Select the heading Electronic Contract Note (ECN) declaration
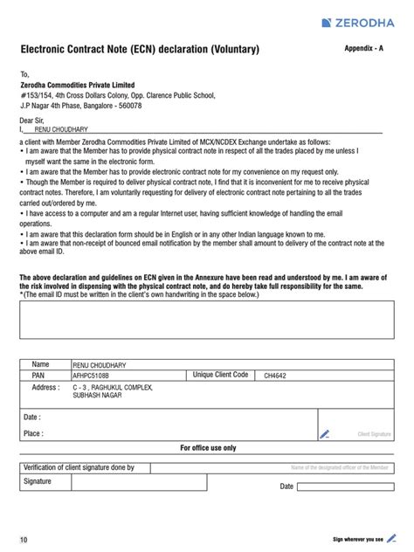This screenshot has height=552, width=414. click(x=140, y=51)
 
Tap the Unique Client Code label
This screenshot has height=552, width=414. click(x=220, y=375)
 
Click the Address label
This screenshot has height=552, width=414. click(x=45, y=386)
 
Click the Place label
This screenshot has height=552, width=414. click(x=34, y=432)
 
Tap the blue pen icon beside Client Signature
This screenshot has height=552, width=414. click(x=325, y=432)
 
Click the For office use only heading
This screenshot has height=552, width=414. click(x=208, y=447)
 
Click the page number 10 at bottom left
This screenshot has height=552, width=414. click(x=24, y=539)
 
